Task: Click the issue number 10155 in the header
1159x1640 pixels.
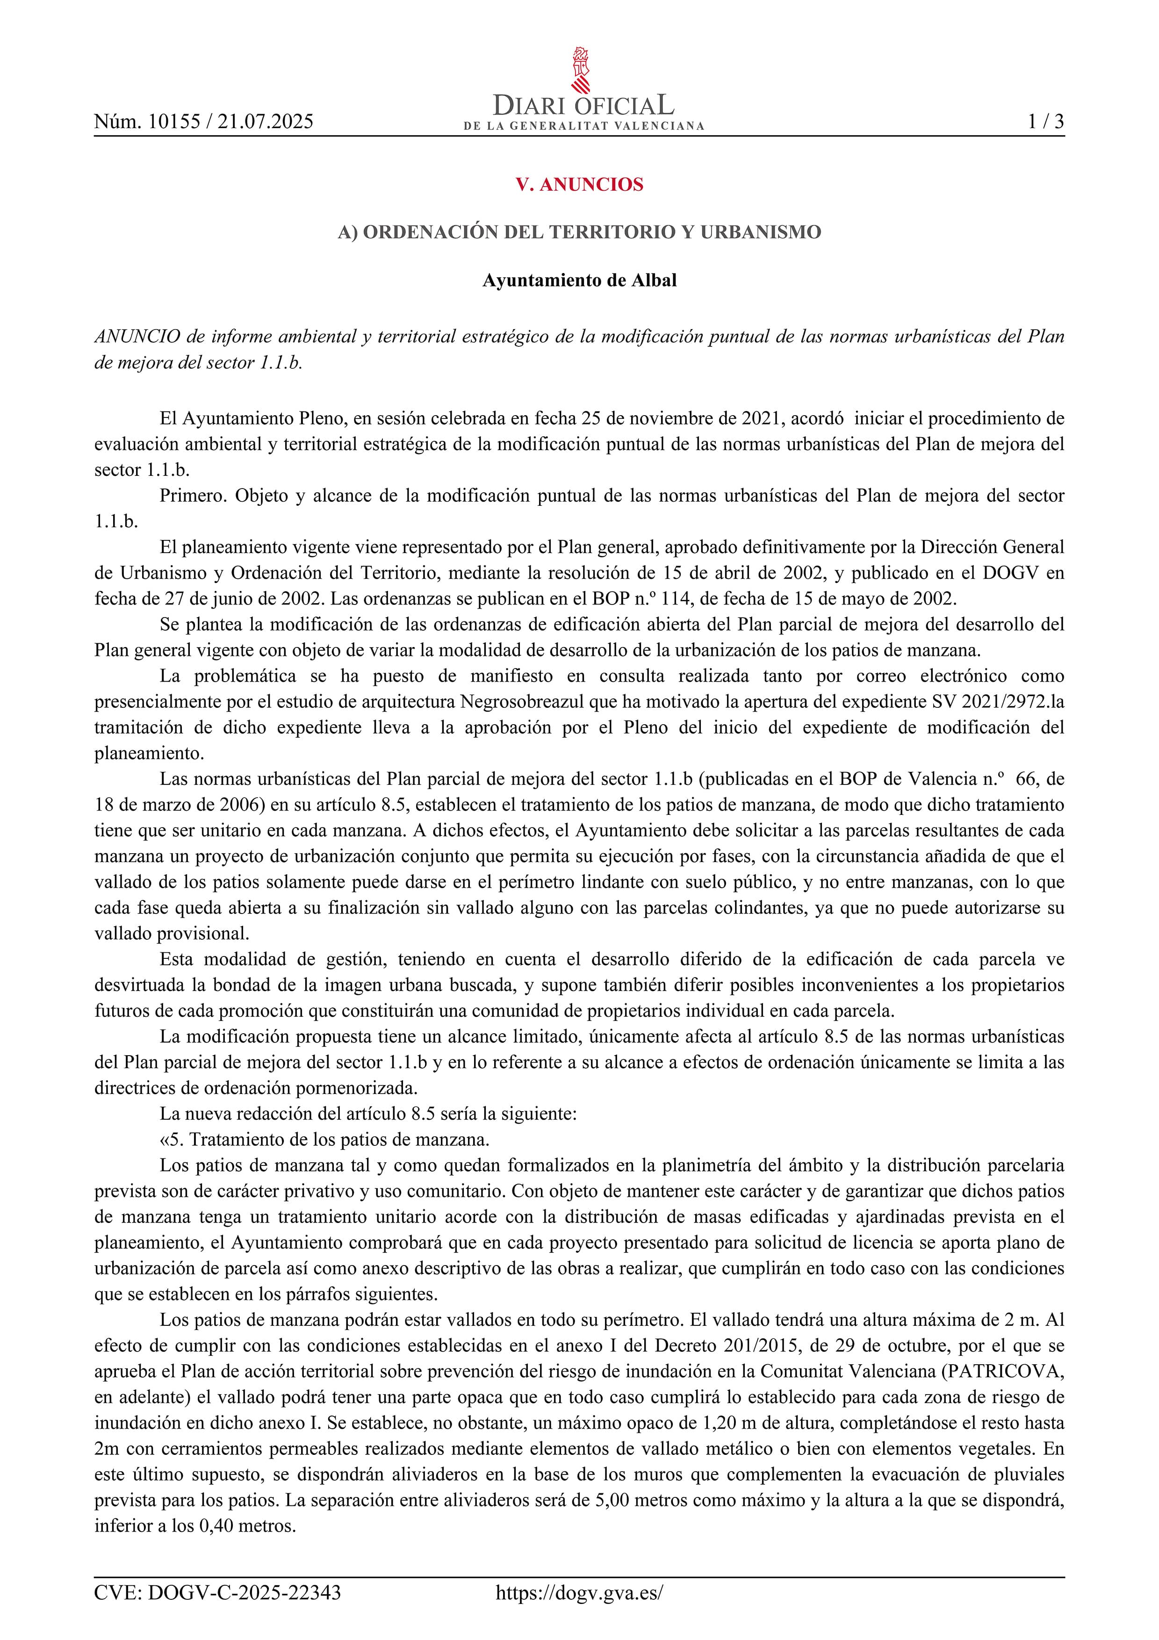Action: point(172,122)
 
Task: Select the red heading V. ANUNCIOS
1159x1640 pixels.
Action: point(579,184)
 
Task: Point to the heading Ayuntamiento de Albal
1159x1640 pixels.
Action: point(579,280)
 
